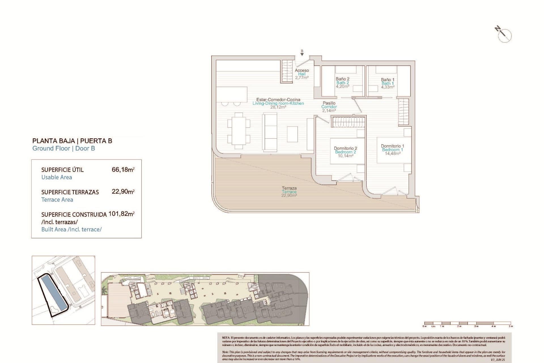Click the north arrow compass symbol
point(504,35)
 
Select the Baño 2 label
point(343,79)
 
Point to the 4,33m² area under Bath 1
point(388,87)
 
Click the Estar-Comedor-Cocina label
point(278,100)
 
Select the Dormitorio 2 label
point(345,148)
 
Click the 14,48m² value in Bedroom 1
point(392,154)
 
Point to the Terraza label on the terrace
point(289,188)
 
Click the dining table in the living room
point(239,131)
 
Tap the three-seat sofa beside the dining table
point(269,131)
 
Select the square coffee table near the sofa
point(292,134)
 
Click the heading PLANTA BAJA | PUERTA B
point(72,141)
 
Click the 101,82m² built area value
point(121,214)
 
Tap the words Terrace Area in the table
point(57,200)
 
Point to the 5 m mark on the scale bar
point(511,326)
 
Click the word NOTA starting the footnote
point(226,338)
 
